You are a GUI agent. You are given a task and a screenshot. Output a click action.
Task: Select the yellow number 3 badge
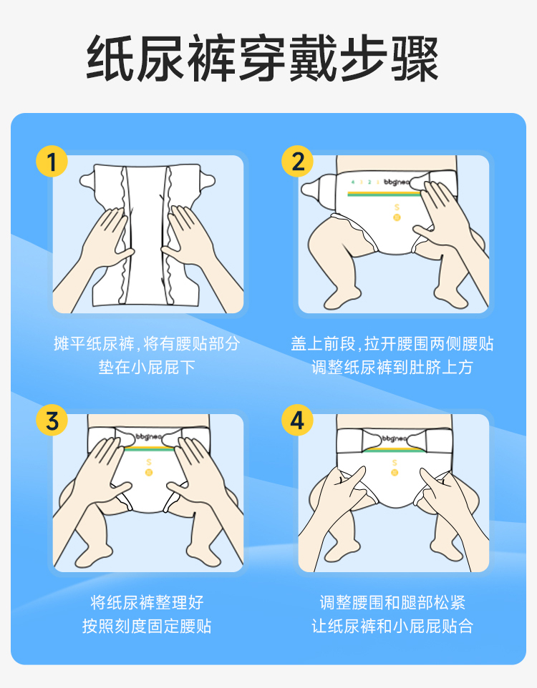52,420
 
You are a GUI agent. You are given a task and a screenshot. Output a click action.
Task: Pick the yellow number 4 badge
297,420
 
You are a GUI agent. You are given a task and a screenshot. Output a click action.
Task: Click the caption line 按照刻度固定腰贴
147,626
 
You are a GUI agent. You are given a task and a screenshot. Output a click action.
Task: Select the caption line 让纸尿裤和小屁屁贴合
392,626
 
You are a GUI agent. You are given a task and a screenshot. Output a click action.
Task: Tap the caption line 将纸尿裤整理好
147,602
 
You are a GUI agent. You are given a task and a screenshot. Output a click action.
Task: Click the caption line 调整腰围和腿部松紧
392,602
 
